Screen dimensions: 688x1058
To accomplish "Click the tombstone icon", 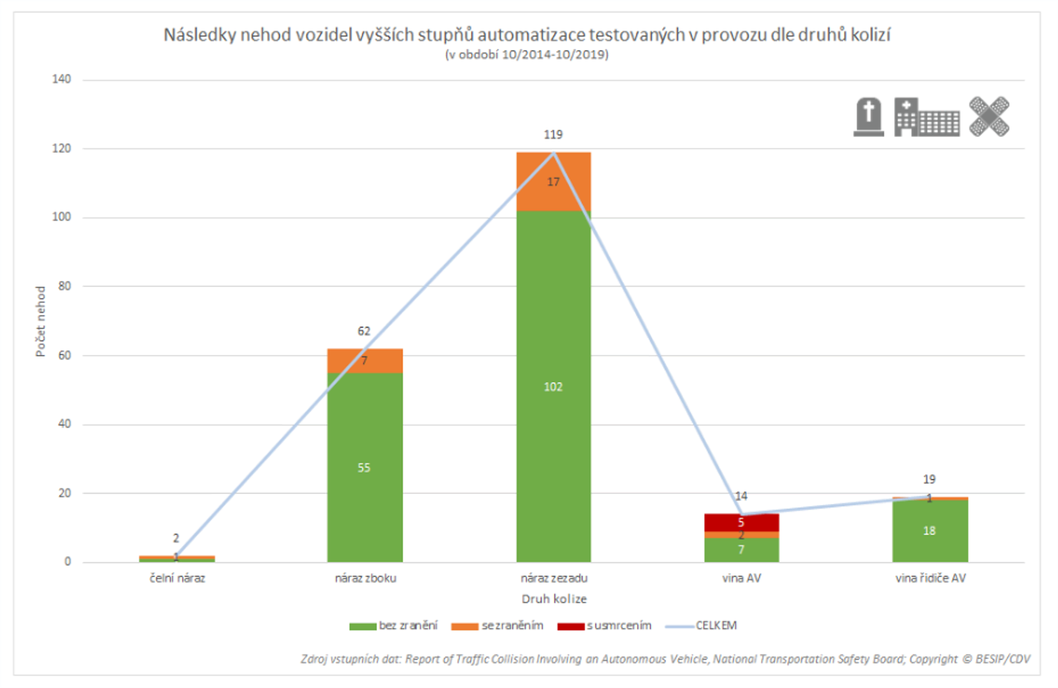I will (868, 117).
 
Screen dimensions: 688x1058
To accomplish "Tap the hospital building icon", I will (927, 118).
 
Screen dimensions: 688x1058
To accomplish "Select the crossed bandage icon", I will (989, 116).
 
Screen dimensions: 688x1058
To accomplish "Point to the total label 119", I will (553, 135).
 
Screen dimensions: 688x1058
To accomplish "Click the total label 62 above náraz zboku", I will (364, 331).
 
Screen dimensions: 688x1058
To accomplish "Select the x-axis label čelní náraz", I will (177, 578).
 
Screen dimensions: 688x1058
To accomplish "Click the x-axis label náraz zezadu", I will (554, 578).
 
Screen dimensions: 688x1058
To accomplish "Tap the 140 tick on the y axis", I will (61, 79).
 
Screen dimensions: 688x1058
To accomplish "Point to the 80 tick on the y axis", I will (64, 286).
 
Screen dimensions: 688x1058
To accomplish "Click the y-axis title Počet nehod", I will (41, 321).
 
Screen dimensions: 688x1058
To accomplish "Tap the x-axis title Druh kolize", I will (554, 599).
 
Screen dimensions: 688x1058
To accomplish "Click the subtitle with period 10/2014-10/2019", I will (527, 55).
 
